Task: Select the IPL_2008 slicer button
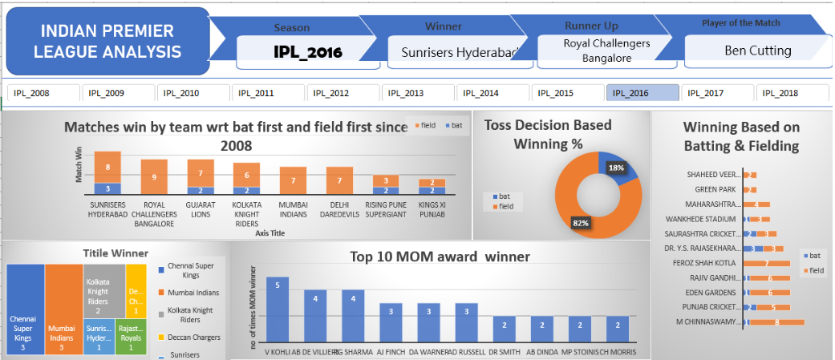coord(43,93)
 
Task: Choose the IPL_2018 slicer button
coord(792,93)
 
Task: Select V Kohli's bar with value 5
coord(278,309)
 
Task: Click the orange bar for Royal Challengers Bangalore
coord(154,176)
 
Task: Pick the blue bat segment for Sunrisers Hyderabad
coord(107,188)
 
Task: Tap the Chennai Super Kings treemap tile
coord(24,309)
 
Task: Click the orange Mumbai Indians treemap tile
coord(63,309)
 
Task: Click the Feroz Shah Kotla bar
coord(768,263)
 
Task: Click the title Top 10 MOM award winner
coord(440,257)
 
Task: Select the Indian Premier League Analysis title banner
coord(107,42)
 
